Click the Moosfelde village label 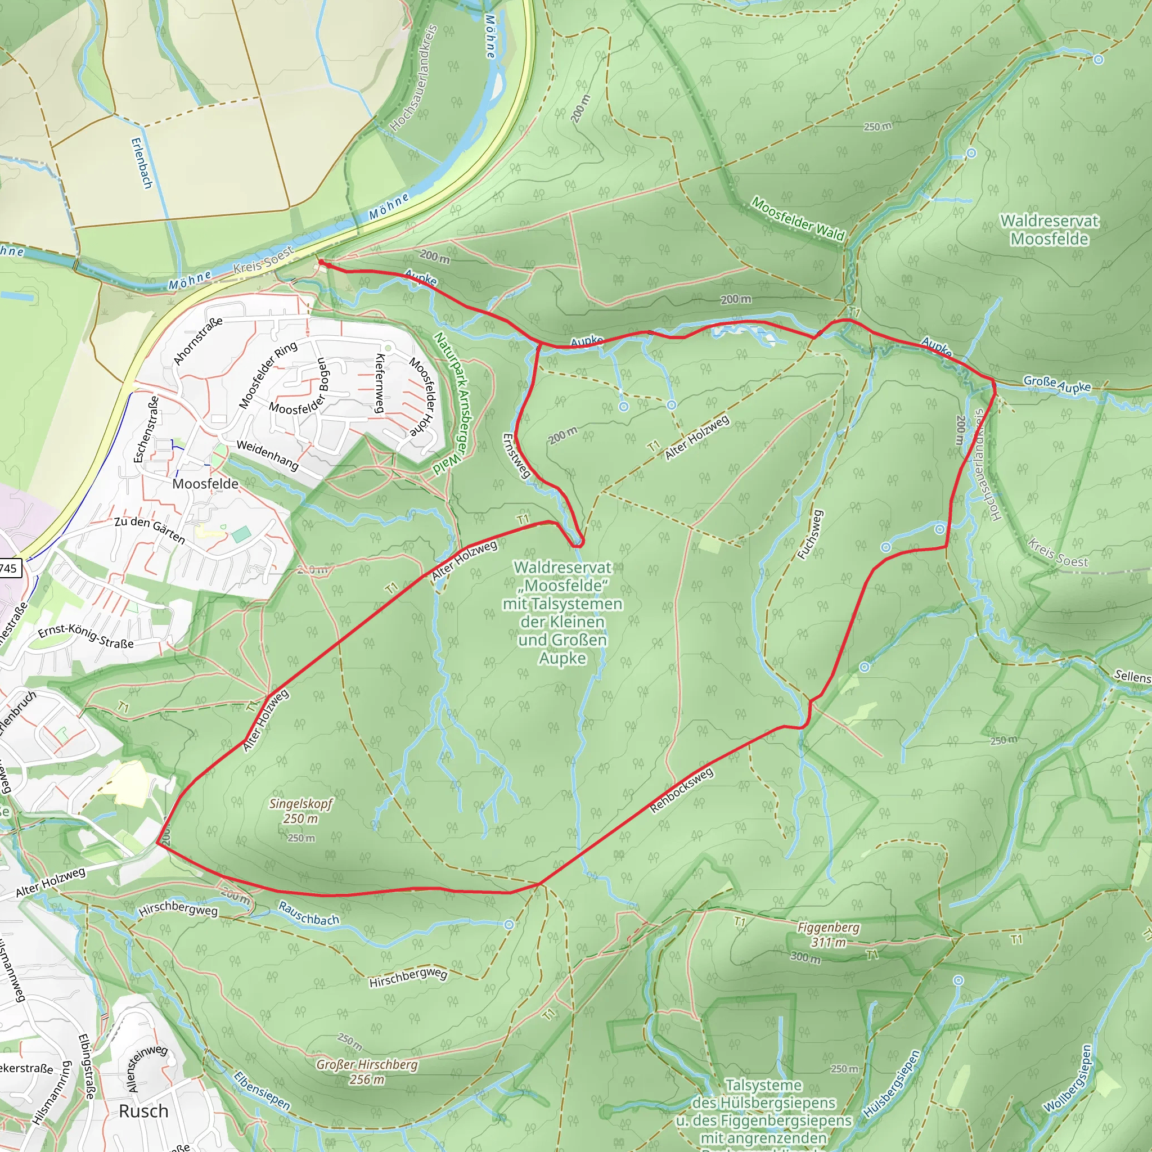click(205, 484)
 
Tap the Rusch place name click(143, 1111)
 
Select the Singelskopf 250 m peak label click(300, 811)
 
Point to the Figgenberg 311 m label click(828, 934)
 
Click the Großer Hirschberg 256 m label click(367, 1072)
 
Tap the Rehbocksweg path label click(681, 790)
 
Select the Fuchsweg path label click(810, 534)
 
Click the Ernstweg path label click(516, 456)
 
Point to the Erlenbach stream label click(141, 163)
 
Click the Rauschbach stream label click(308, 913)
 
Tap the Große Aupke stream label click(1056, 384)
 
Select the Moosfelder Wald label click(797, 219)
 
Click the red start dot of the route click(321, 262)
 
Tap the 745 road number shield click(9, 568)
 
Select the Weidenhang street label click(267, 456)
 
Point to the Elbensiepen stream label click(261, 1091)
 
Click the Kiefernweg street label click(379, 383)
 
